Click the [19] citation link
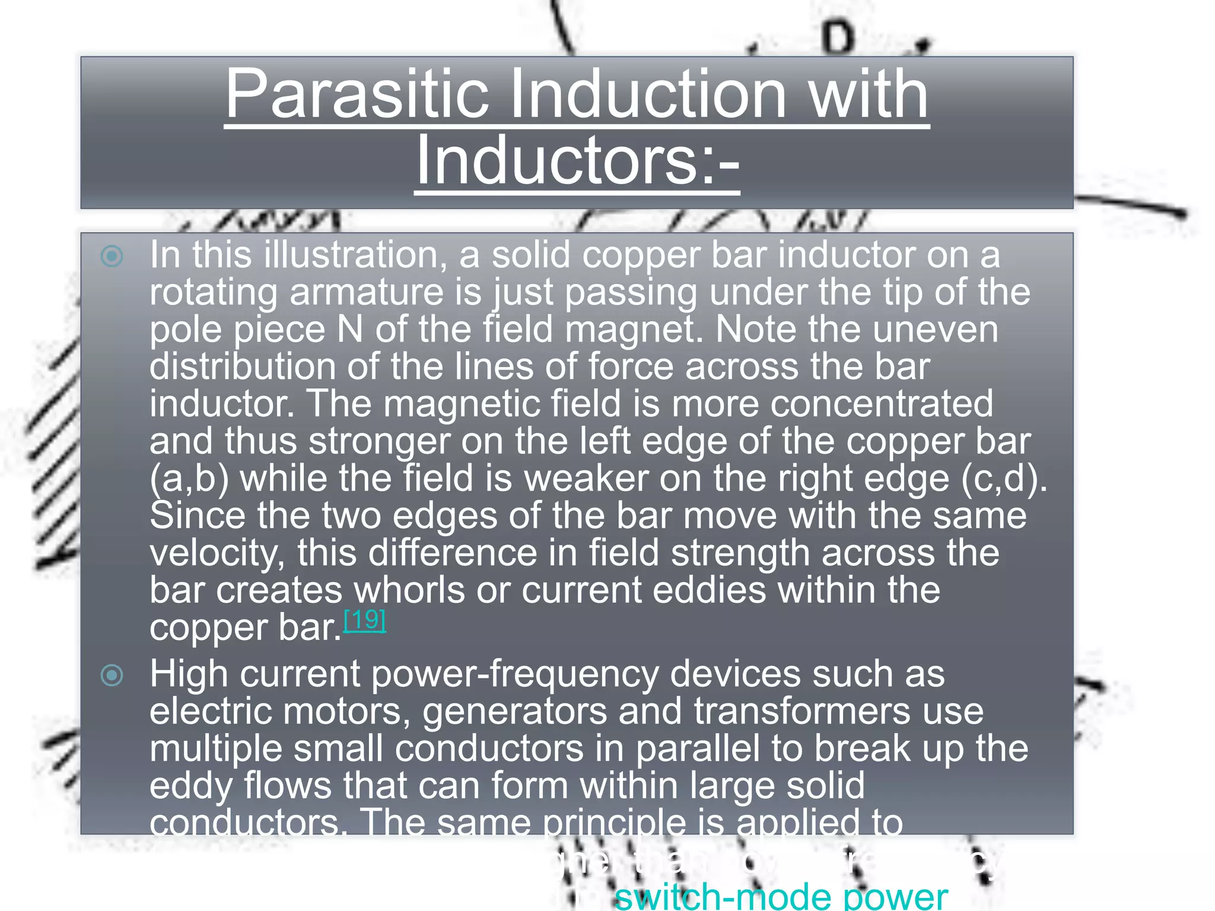click(x=365, y=620)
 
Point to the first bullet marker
click(x=112, y=256)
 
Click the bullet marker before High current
click(x=112, y=675)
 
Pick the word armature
click(x=367, y=292)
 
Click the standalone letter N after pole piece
click(x=350, y=329)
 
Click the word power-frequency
click(x=515, y=674)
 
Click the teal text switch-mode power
click(x=781, y=897)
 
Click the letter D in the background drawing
click(x=838, y=39)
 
